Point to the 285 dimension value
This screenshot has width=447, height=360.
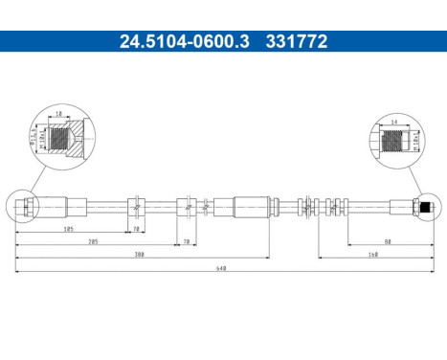tap(92, 243)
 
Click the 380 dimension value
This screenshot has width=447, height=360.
tap(140, 256)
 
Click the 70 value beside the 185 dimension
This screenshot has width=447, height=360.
tap(136, 231)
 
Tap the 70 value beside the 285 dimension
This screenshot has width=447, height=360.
tap(187, 243)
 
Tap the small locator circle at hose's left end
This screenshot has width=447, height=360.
tap(23, 206)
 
